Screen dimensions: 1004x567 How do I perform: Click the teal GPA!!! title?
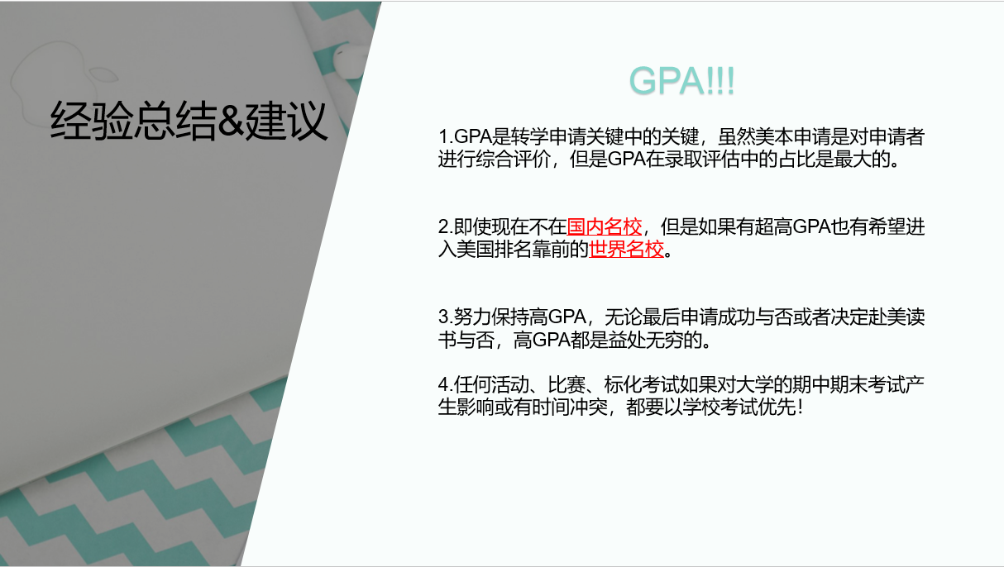click(x=681, y=81)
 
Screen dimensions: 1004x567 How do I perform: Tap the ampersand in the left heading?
click(x=231, y=119)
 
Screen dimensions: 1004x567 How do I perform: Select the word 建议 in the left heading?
click(x=286, y=120)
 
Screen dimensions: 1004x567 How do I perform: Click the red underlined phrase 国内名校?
click(x=605, y=226)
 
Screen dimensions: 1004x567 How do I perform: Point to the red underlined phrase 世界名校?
click(x=626, y=249)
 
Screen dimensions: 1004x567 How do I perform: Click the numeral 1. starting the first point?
click(x=446, y=136)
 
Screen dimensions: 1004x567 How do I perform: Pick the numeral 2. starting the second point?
click(x=446, y=226)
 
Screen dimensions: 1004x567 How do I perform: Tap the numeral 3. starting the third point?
click(x=446, y=317)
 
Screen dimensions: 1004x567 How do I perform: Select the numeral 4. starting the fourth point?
click(x=446, y=384)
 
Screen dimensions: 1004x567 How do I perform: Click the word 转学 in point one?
click(x=529, y=136)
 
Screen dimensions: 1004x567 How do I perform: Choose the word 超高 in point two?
click(x=773, y=226)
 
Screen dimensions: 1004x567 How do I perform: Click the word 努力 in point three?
click(x=472, y=317)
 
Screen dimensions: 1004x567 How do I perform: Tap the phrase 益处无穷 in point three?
click(x=645, y=340)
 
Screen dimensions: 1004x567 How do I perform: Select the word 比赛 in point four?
click(x=567, y=384)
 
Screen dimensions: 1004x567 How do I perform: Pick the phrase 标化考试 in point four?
click(x=642, y=384)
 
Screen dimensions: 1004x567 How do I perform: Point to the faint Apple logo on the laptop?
click(x=63, y=81)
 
